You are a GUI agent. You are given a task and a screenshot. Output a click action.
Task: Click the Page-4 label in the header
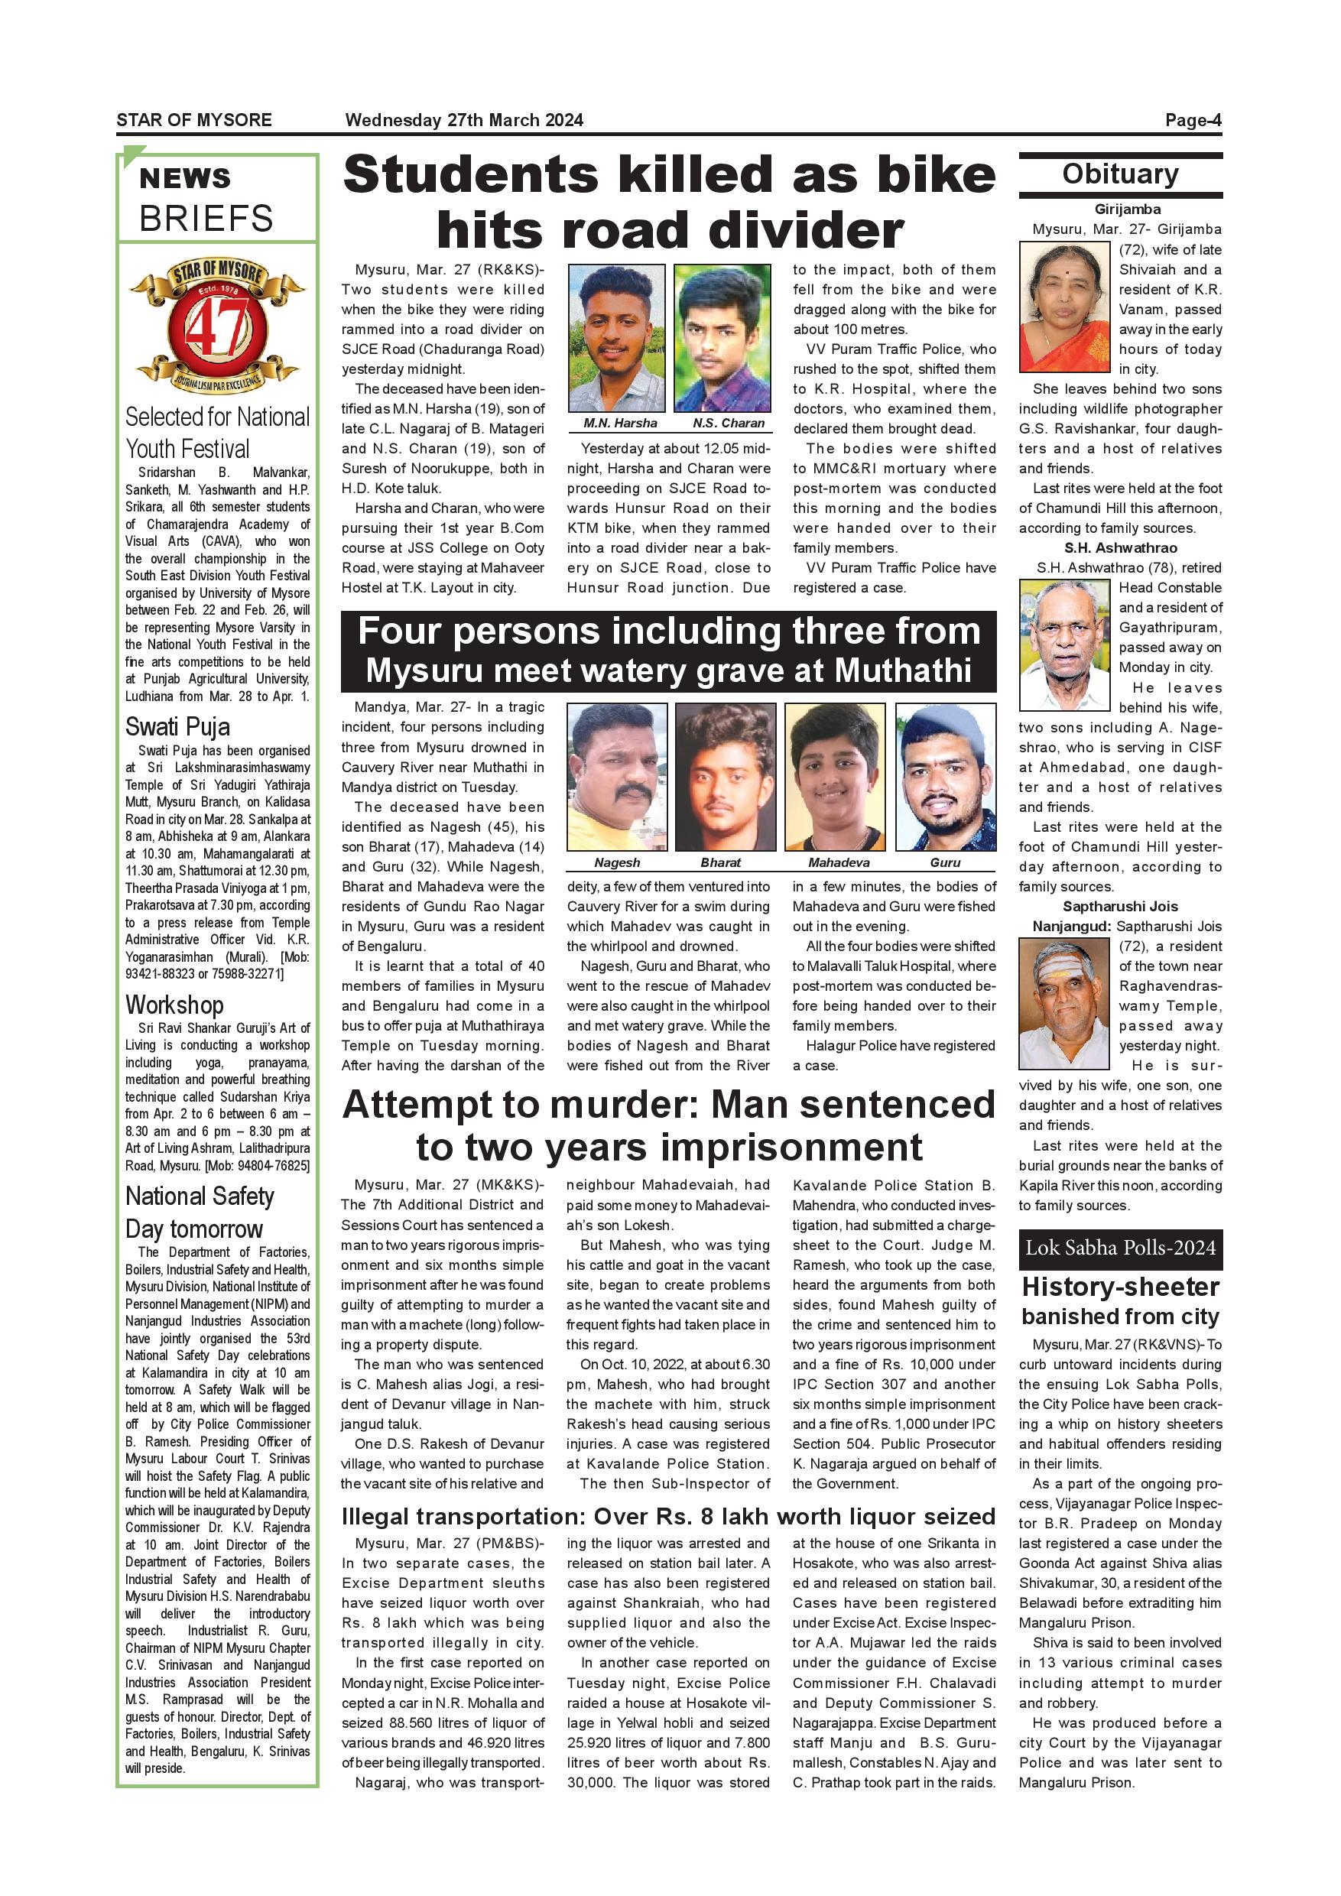[1193, 121]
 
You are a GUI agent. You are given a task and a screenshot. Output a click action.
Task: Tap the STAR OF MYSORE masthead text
[194, 121]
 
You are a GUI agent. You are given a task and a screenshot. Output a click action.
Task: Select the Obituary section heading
[1120, 174]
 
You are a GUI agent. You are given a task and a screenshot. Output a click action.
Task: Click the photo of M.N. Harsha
[616, 339]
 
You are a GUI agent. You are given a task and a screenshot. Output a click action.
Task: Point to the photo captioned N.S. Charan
[722, 339]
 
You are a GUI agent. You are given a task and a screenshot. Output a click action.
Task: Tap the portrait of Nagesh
[617, 776]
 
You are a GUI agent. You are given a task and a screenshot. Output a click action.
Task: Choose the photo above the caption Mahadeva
[835, 776]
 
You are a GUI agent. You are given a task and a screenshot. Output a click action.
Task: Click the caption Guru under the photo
[945, 863]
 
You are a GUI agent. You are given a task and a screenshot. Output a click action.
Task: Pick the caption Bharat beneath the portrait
[720, 863]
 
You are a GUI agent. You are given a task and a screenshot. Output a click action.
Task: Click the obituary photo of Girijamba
[1064, 307]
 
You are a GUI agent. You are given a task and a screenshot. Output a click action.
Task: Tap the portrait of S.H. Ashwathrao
[1064, 645]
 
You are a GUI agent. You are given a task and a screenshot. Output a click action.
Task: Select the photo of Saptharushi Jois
[1064, 1004]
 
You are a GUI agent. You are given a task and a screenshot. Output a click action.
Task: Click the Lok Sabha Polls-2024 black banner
[1120, 1248]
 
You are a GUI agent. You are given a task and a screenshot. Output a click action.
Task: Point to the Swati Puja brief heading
[177, 728]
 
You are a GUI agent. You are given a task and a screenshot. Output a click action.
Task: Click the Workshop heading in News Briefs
[174, 1006]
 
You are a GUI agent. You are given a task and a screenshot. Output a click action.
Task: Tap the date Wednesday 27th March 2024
[464, 121]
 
